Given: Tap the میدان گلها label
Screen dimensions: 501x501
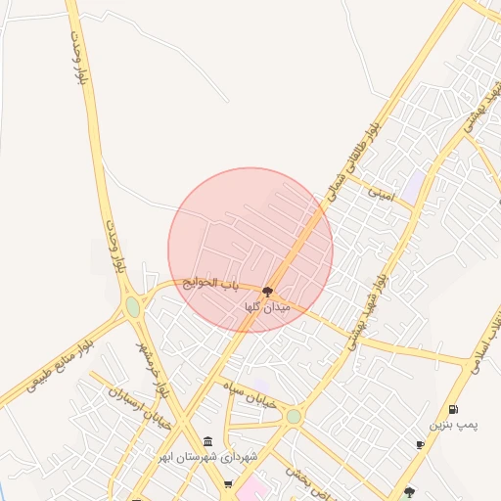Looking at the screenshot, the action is pyautogui.click(x=268, y=307).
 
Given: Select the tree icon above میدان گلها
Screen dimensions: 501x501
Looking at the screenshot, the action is pyautogui.click(x=268, y=291).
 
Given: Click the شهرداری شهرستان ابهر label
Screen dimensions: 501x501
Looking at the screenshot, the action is pyautogui.click(x=221, y=458).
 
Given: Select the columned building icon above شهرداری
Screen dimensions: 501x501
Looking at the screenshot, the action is pyautogui.click(x=207, y=442).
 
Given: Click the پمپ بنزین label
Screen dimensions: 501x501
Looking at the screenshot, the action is pyautogui.click(x=454, y=426).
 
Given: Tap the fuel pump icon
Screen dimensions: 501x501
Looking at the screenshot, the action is pyautogui.click(x=452, y=410).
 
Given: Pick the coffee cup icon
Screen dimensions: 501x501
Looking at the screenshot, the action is pyautogui.click(x=420, y=445).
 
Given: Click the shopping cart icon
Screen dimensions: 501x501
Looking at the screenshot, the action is pyautogui.click(x=228, y=483).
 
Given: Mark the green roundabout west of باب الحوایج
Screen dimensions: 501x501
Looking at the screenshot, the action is pyautogui.click(x=133, y=307).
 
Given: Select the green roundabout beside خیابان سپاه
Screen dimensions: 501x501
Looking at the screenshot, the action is pyautogui.click(x=293, y=417).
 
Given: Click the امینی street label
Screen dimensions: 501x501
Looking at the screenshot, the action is pyautogui.click(x=380, y=194).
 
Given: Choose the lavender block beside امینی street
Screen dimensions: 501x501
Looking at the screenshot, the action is pyautogui.click(x=416, y=183).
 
